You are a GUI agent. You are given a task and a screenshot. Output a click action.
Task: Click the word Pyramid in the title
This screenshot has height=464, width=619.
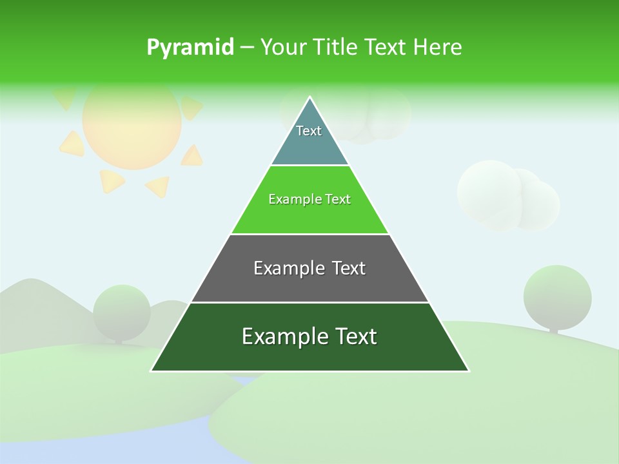point(190,48)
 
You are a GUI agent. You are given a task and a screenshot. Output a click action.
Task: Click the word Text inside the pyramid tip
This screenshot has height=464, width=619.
point(309,131)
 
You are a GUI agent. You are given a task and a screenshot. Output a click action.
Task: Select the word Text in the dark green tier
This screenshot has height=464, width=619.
point(352,336)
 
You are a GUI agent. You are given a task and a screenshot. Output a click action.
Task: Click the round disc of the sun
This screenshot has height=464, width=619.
point(132,124)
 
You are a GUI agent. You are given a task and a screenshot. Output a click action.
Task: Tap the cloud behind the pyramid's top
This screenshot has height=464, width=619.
point(374,116)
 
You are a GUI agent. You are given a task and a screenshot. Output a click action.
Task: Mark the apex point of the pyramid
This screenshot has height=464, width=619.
point(310,97)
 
